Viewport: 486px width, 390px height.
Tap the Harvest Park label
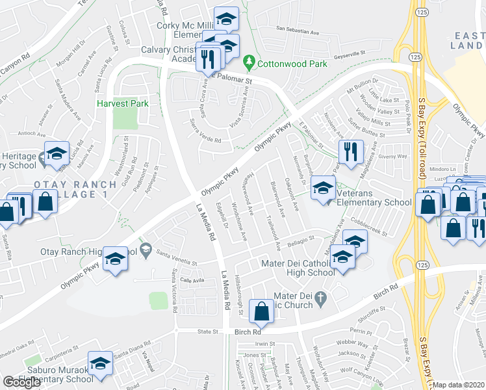[x=122, y=103]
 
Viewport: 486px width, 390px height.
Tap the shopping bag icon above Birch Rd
[x=261, y=313]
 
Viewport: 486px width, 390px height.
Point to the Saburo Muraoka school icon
[x=100, y=365]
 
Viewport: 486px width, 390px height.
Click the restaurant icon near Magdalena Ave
[x=351, y=152]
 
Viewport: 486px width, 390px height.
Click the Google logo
[x=22, y=382]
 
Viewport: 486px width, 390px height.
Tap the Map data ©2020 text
[x=459, y=385]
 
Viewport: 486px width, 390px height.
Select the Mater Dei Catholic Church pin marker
[x=320, y=298]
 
